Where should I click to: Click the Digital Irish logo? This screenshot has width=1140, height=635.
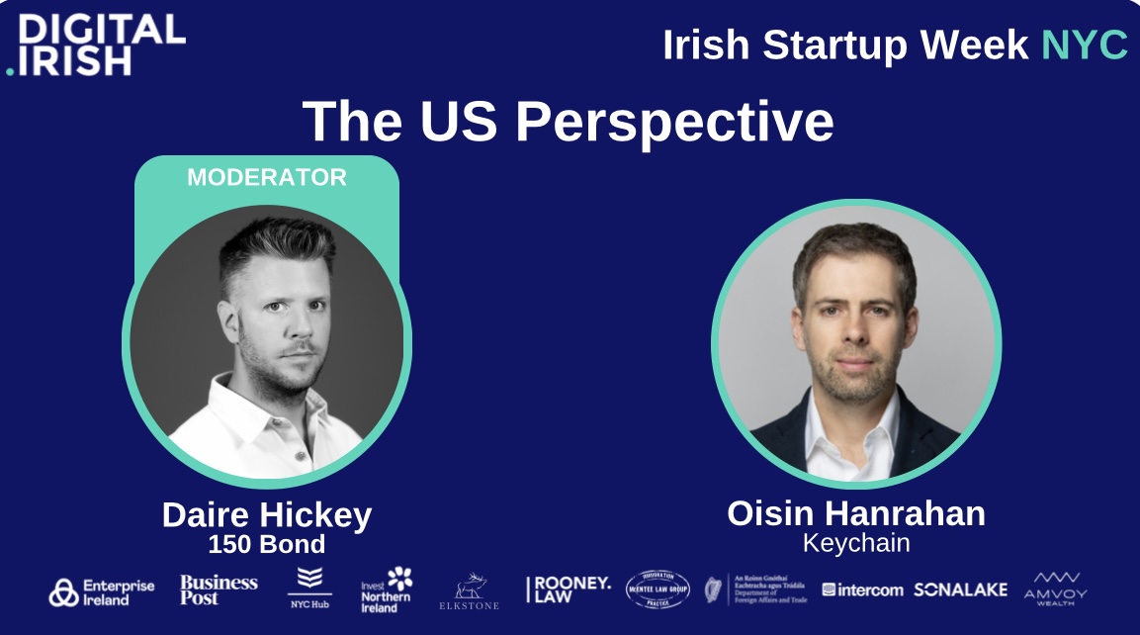[x=96, y=45]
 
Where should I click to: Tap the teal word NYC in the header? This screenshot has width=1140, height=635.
[x=1084, y=45]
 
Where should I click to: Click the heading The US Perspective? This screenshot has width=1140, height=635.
[x=568, y=122]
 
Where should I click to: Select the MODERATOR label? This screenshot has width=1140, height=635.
[x=267, y=178]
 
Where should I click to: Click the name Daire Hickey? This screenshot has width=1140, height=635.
[x=267, y=515]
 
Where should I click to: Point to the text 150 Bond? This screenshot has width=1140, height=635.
[x=267, y=545]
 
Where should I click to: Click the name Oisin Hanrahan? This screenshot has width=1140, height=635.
[x=856, y=513]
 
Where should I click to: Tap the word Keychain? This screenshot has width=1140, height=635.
[x=856, y=544]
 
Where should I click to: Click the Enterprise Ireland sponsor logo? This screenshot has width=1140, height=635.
[x=102, y=591]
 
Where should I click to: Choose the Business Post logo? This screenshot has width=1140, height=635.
[x=219, y=590]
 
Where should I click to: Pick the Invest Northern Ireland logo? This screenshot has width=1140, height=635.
[x=387, y=590]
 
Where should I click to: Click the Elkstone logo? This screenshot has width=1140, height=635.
[x=469, y=591]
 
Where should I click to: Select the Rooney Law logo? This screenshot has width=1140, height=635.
[x=569, y=590]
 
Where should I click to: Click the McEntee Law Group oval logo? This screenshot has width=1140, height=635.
[x=658, y=590]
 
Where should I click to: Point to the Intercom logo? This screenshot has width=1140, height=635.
[x=862, y=590]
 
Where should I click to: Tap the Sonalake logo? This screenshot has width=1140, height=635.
[x=960, y=590]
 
